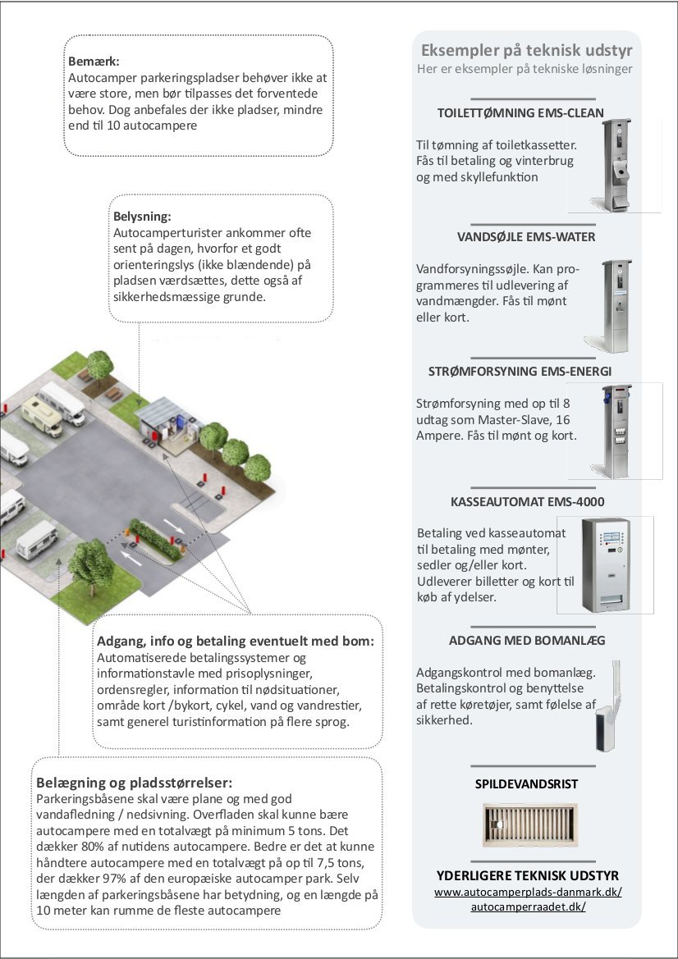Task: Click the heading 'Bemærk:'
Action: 94,62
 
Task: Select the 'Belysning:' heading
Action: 142,217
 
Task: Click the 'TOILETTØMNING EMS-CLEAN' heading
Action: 520,112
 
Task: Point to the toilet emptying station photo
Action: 616,165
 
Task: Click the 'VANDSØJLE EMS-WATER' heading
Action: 526,237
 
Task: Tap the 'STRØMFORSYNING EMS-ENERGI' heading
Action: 520,371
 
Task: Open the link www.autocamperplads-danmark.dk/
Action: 527,891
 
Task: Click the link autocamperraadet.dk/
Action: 528,906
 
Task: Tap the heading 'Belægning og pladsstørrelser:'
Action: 134,782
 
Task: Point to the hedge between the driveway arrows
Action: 155,539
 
